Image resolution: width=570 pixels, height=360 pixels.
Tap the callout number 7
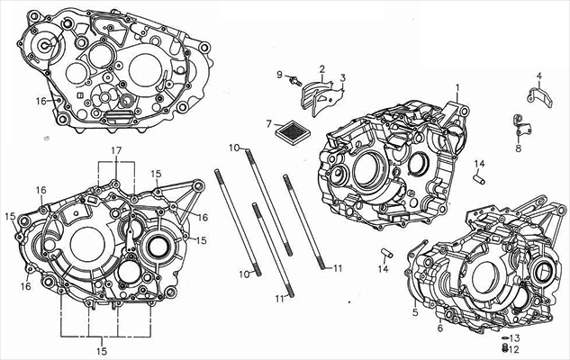[x=268, y=123]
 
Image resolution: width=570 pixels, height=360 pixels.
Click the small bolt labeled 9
[x=294, y=81]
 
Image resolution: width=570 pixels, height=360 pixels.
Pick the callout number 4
[x=539, y=76]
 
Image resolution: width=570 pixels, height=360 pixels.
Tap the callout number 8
[x=518, y=148]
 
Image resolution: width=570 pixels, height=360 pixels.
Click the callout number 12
[x=515, y=349]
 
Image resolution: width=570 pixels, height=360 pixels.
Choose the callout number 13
[x=515, y=337]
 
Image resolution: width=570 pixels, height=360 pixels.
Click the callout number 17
[x=115, y=149]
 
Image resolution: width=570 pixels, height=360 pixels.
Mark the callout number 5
[x=415, y=313]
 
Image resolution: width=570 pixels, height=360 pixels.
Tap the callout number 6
[x=440, y=328]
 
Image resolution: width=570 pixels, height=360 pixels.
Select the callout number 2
[x=321, y=69]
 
